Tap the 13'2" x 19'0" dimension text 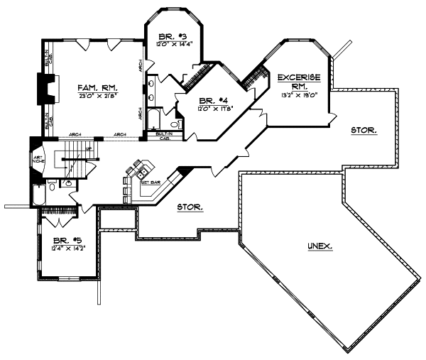[x=298, y=92]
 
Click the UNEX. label [x=319, y=246]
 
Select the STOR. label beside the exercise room [x=364, y=131]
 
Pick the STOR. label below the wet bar [x=190, y=208]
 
